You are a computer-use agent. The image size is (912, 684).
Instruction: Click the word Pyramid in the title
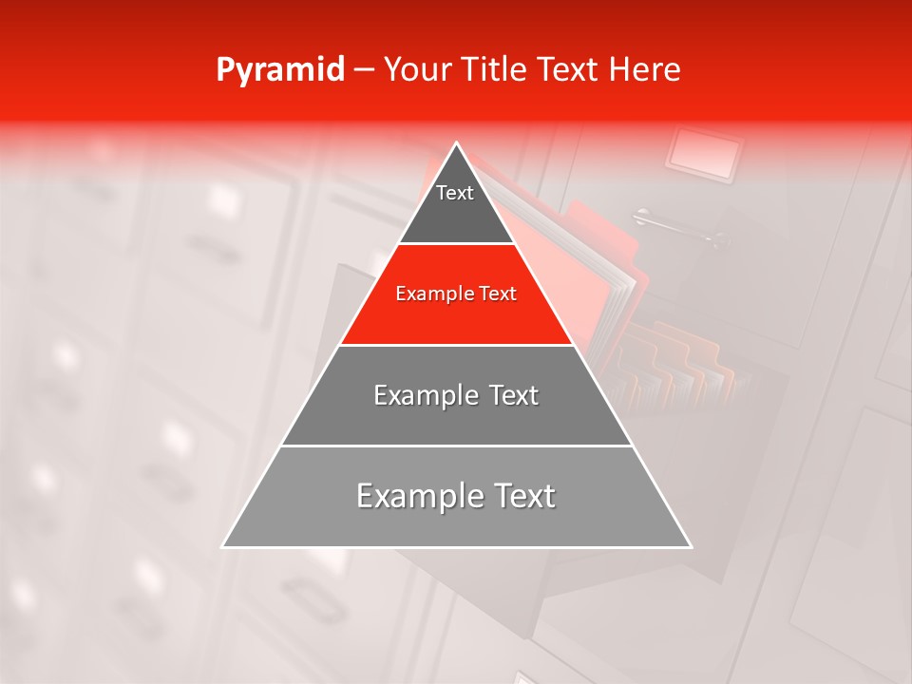tap(280, 70)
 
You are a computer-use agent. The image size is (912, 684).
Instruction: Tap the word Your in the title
tap(415, 70)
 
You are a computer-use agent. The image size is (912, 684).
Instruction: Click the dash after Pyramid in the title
tap(363, 71)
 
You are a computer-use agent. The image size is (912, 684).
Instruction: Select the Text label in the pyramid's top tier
tap(455, 193)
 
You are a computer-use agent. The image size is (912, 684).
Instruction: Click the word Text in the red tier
tap(496, 294)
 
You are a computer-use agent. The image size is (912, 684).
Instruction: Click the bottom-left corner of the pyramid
tap(223, 546)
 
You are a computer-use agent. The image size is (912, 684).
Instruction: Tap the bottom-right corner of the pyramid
tap(691, 546)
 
